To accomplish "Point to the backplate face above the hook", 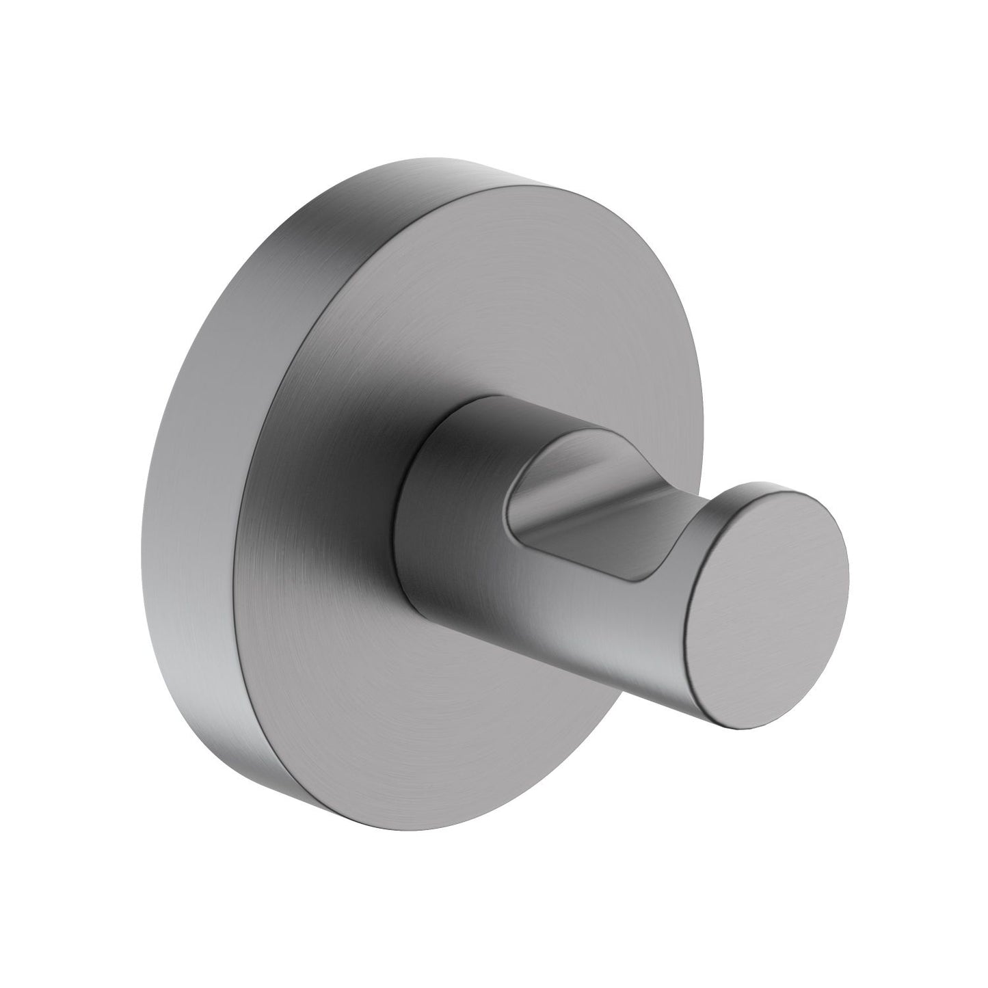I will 444,287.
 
